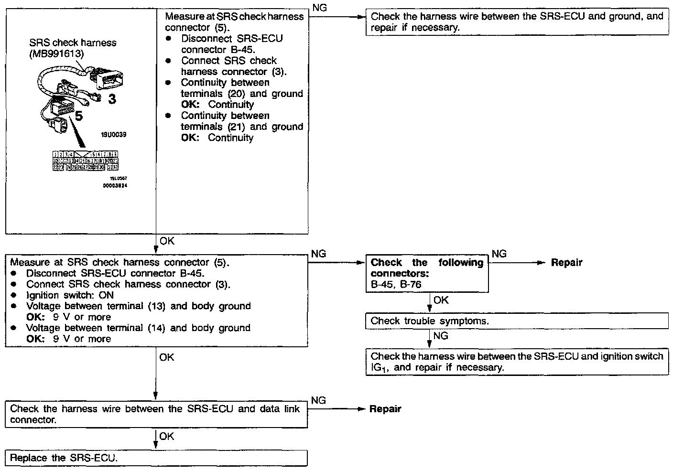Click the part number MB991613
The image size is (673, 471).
(56, 54)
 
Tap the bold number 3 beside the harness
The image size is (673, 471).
(111, 99)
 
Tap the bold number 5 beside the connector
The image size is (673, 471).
(79, 116)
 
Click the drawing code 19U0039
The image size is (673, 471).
(113, 135)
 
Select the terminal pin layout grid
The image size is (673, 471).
(86, 161)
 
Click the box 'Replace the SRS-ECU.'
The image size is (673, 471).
(156, 458)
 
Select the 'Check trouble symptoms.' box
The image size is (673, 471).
(517, 321)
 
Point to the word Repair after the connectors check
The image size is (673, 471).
(566, 263)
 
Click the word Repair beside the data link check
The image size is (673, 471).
(385, 409)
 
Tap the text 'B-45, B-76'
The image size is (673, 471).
(396, 284)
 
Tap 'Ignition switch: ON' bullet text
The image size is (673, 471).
(70, 295)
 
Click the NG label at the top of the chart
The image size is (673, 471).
(319, 8)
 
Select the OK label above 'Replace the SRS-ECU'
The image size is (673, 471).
(167, 437)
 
